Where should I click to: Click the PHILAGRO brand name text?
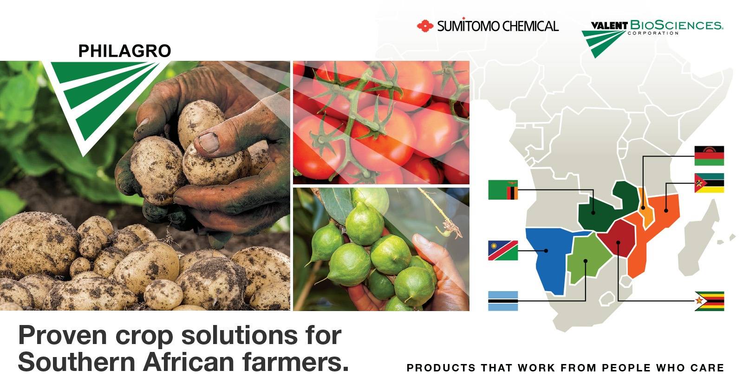point(124,51)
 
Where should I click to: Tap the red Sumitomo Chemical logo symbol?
point(424,26)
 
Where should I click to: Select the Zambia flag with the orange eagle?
point(503,190)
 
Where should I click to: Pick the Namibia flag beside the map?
point(503,251)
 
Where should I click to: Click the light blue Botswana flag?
point(503,301)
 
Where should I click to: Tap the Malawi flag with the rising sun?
point(709,156)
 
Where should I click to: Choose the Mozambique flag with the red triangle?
point(709,183)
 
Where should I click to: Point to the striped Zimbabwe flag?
point(709,301)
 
